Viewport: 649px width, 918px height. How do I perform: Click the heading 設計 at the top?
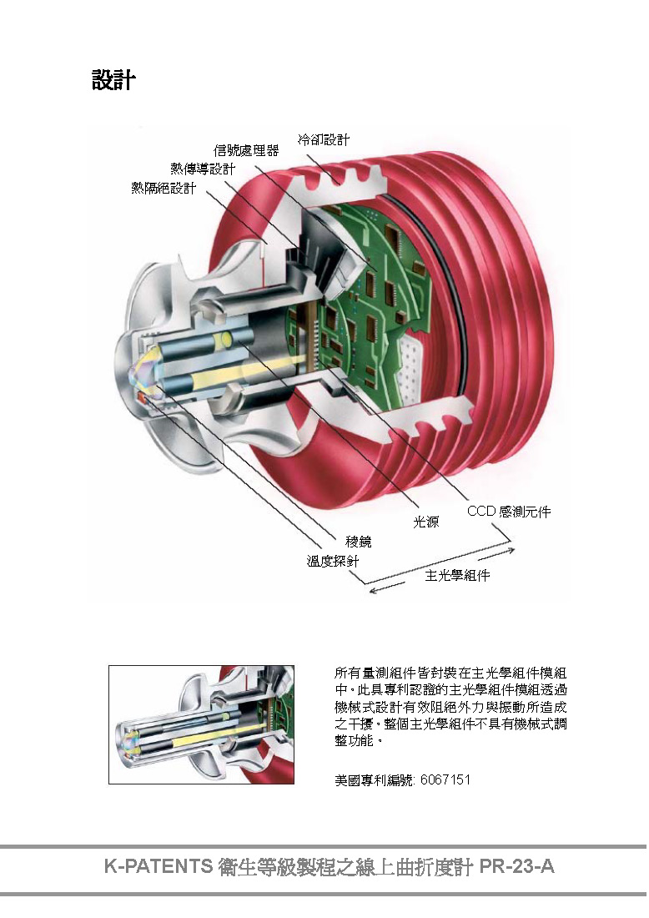113,81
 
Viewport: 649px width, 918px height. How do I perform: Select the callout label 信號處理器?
246,151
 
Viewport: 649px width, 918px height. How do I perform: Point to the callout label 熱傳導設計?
203,169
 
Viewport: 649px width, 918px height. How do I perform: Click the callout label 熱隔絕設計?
164,188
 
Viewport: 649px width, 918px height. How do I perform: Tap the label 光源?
426,522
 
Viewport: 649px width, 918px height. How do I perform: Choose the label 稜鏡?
359,541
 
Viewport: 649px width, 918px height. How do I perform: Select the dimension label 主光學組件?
457,576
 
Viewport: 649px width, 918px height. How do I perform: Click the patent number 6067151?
446,779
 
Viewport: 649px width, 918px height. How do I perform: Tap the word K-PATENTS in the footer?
158,866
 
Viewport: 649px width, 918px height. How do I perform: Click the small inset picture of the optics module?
201,724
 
